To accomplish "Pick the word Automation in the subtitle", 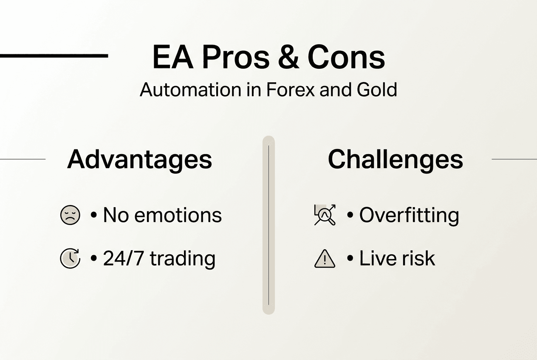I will point(190,90).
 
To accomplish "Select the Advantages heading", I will point(139,160).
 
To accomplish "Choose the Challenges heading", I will point(395,160).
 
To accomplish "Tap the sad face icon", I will point(70,215).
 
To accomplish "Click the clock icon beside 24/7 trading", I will point(70,259).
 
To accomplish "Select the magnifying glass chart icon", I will point(325,215).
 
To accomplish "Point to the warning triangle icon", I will point(325,259).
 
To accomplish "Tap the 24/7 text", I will point(124,259).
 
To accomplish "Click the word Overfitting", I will point(409,215).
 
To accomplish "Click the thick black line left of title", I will point(54,55).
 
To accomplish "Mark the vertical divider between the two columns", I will point(268,225).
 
